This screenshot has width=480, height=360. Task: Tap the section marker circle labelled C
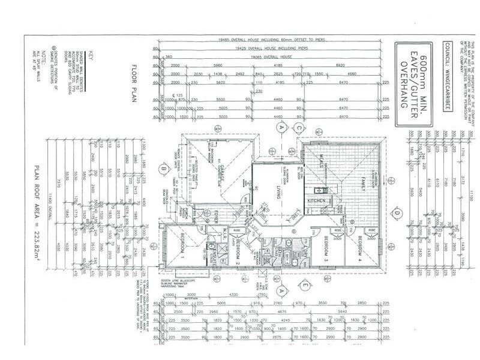[x=298, y=127]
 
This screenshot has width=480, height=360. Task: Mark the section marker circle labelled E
[x=305, y=283]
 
